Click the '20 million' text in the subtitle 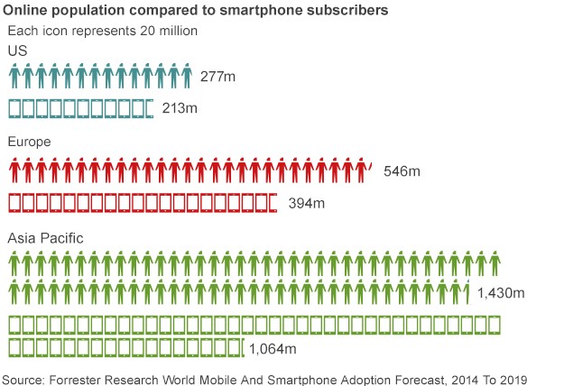170,31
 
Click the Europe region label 29,142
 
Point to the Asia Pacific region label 46,237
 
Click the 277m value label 218,78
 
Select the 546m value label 402,170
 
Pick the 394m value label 306,203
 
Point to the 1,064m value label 273,349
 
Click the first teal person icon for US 14,76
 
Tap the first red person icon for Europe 14,169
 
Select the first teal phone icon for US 15,108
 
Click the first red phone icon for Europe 15,202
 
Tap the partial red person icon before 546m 370,166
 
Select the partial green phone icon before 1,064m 243,346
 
